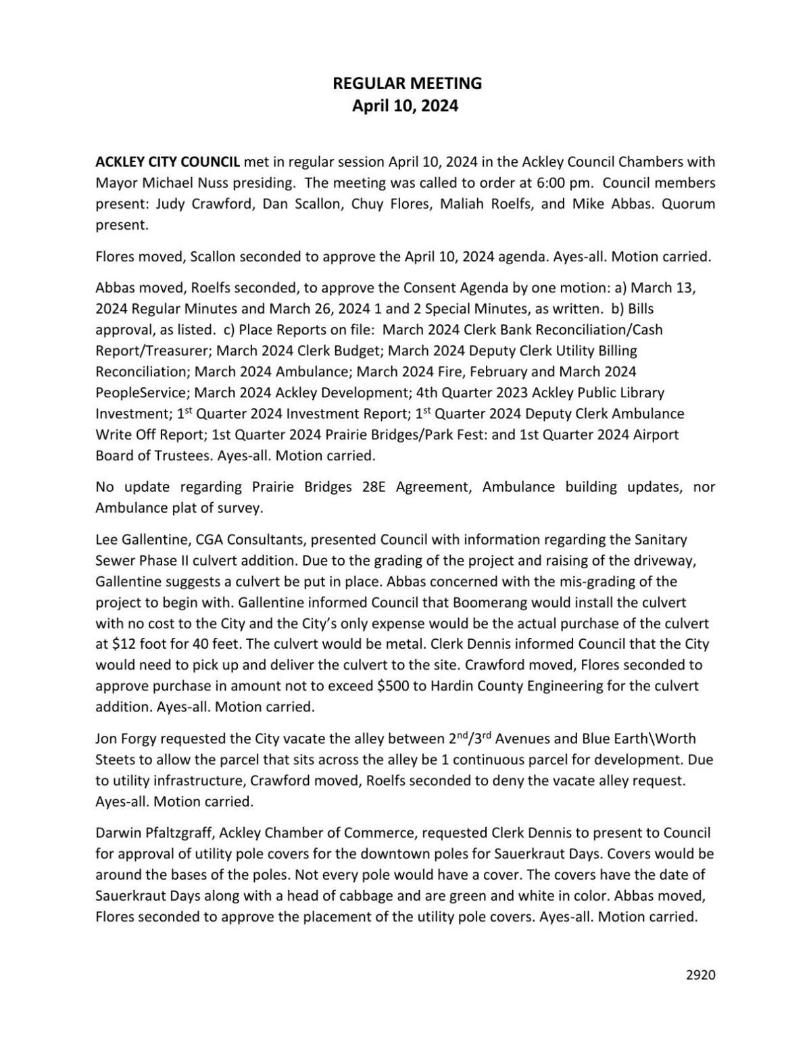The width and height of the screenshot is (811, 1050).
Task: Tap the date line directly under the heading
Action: click(405, 106)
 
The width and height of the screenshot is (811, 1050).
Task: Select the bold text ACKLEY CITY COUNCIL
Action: click(168, 161)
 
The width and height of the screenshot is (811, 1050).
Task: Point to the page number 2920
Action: click(700, 974)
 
